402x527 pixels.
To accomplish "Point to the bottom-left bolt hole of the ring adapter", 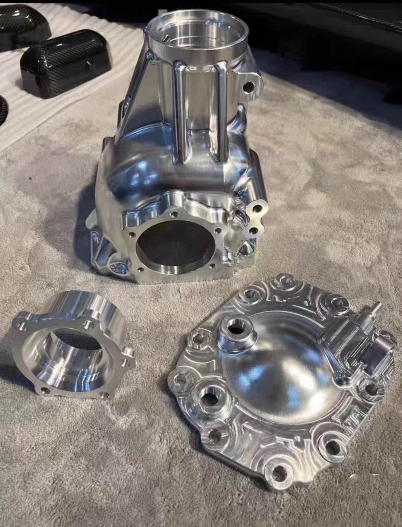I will pos(45,390).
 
